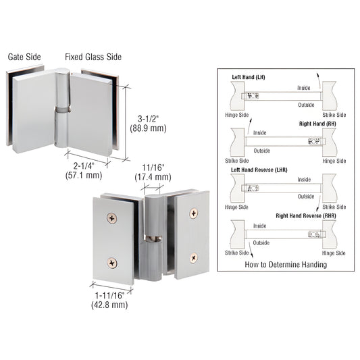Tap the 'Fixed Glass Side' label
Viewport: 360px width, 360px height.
click(x=93, y=57)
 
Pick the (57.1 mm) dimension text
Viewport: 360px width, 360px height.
click(x=84, y=176)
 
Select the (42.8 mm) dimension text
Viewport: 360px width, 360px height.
click(x=109, y=305)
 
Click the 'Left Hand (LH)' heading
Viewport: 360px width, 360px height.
click(x=249, y=78)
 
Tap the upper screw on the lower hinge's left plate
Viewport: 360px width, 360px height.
click(x=111, y=217)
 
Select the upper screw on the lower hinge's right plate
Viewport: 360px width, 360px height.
click(x=194, y=213)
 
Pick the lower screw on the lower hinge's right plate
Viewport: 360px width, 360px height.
click(x=193, y=257)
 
